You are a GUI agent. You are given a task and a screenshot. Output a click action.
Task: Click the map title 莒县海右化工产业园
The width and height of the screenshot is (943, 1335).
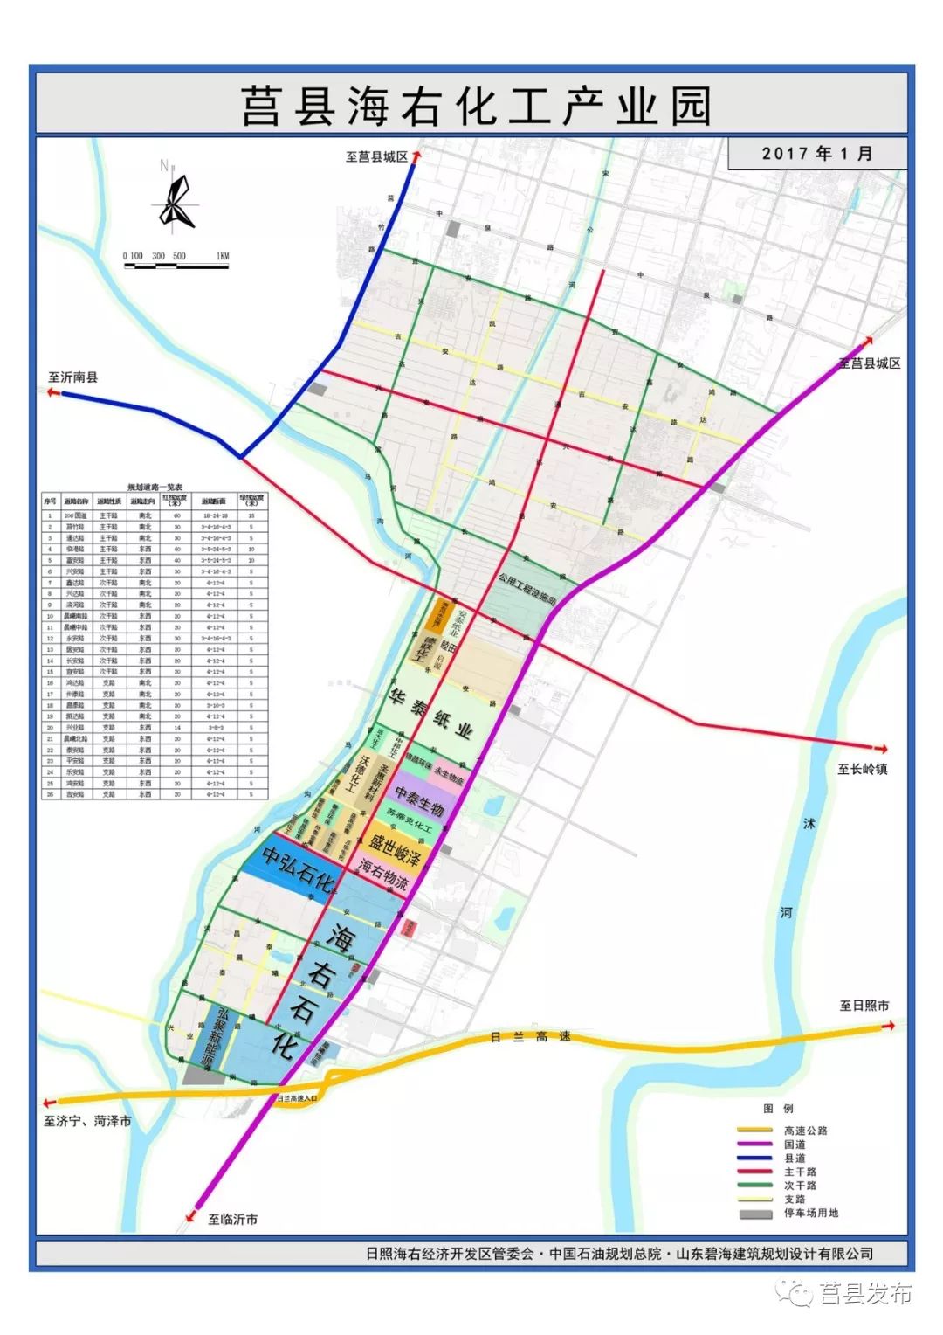pos(476,107)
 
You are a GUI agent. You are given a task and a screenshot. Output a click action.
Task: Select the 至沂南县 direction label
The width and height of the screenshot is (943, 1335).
pos(73,377)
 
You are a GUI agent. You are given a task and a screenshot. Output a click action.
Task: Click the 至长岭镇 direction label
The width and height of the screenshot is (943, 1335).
pos(863,770)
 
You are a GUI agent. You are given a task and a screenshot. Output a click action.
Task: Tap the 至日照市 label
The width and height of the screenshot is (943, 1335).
pos(864,1006)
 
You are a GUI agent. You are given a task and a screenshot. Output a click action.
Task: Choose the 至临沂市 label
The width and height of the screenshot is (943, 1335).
pos(232,1219)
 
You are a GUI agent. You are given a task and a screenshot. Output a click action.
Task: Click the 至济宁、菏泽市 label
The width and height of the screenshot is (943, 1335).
pos(87,1121)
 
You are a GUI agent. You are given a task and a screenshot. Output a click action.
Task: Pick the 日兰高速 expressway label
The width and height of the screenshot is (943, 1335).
pos(530,1037)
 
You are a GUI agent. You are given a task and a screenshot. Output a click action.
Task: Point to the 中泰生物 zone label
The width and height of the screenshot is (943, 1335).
pos(420,799)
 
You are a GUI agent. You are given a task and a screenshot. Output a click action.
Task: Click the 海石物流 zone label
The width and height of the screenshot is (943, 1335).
pos(383,873)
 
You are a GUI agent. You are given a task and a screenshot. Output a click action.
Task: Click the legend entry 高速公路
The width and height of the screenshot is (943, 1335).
pos(805,1131)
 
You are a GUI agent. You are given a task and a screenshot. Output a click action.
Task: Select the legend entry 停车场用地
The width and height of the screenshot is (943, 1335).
pos(810,1213)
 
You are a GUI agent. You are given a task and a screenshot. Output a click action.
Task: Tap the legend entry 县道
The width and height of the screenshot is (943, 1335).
pos(795,1158)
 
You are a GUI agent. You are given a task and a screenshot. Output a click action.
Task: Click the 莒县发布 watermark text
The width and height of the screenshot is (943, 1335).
pos(864,1293)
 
